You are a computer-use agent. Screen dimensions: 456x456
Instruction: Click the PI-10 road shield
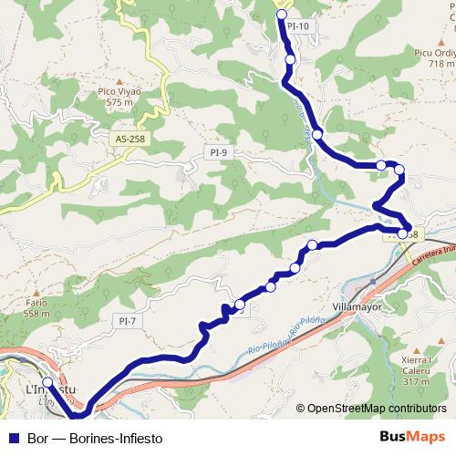(x=298, y=26)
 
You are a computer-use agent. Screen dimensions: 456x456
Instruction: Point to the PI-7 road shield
(x=127, y=320)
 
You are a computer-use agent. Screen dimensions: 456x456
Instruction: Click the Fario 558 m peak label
(x=36, y=308)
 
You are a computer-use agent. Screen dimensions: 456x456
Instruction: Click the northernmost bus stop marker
(x=282, y=15)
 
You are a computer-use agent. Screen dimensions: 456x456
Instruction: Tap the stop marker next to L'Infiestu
(x=47, y=382)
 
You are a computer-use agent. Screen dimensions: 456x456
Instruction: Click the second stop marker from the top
(x=290, y=59)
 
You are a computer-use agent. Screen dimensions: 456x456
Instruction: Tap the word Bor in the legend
(x=37, y=437)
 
